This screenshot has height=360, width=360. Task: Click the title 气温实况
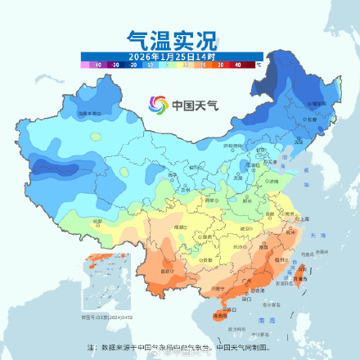point(173,38)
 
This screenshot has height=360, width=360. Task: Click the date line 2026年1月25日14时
point(173,56)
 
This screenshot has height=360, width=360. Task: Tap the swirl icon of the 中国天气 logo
point(158,104)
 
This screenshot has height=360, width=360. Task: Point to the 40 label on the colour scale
point(237,63)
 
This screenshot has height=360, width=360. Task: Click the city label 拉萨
point(97,221)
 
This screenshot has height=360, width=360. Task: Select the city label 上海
point(304,219)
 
